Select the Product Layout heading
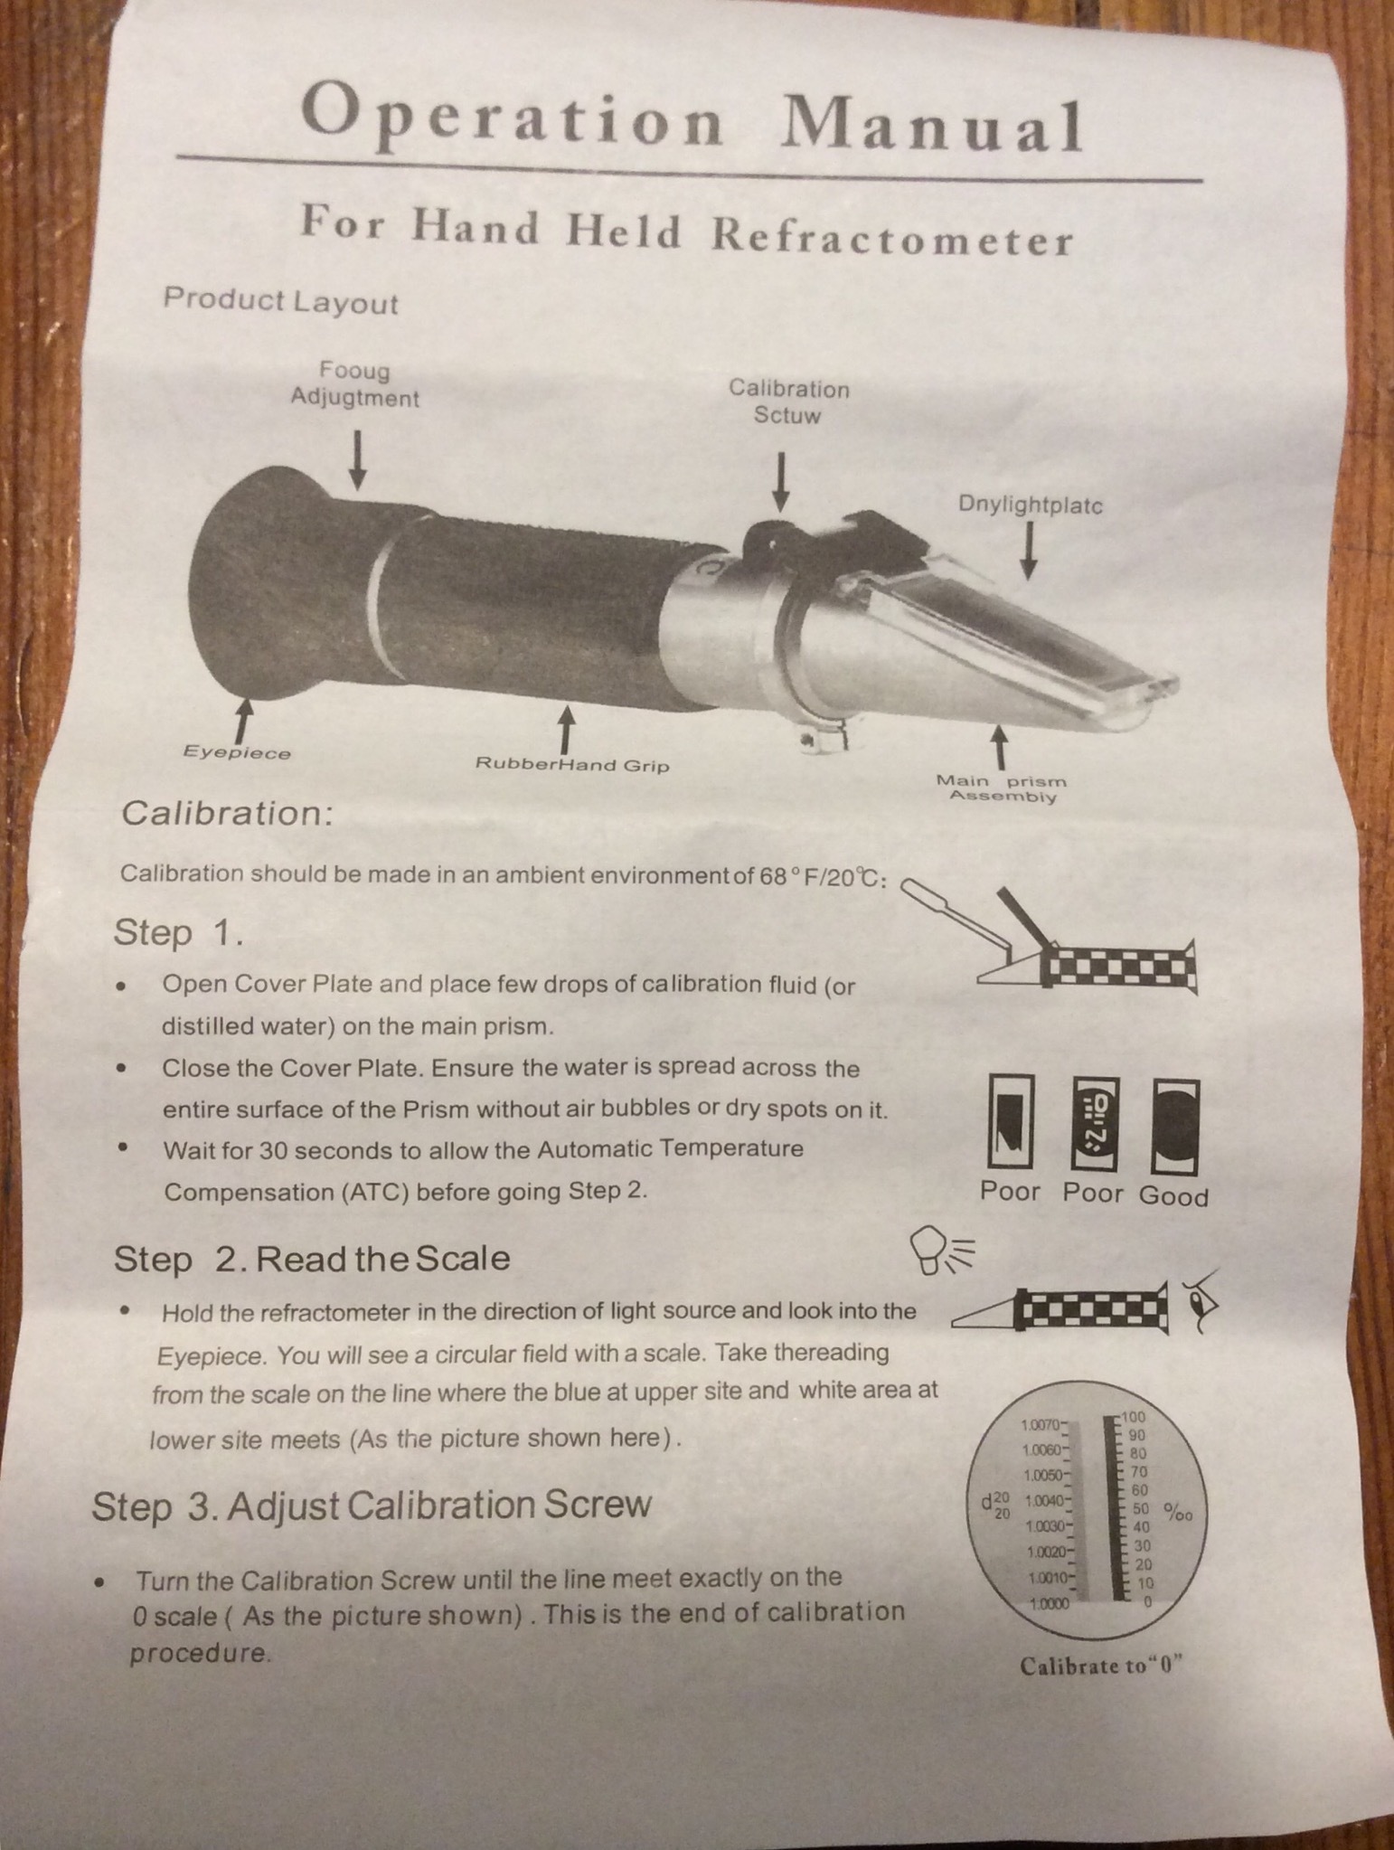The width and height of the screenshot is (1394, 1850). point(280,301)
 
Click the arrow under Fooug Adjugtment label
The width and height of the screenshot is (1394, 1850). point(358,458)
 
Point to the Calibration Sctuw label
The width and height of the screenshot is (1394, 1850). point(789,401)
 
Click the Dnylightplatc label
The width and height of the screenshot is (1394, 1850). point(1031,505)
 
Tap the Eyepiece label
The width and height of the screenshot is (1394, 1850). point(237,752)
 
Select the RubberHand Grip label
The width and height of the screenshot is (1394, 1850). point(572,765)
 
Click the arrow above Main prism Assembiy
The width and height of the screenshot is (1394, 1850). point(999,746)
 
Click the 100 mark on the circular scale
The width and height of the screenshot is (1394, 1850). point(1135,1417)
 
